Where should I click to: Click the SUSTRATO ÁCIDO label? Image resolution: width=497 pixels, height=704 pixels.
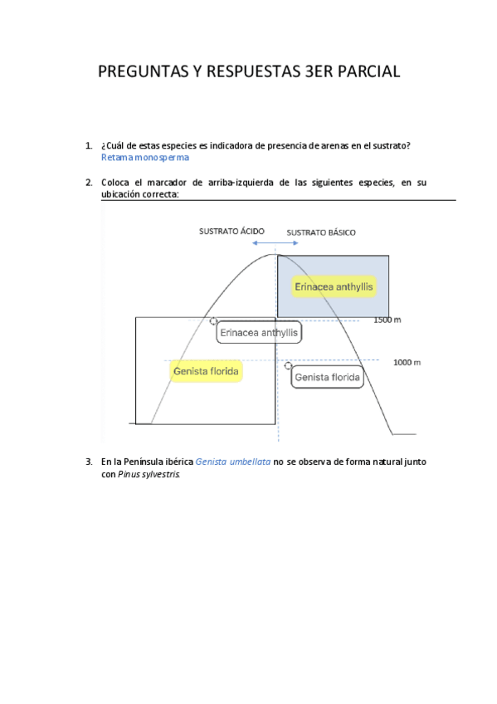point(231,232)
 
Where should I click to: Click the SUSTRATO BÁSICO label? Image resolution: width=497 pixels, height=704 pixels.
point(321,232)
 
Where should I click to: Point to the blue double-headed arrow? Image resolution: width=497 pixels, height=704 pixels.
point(276,243)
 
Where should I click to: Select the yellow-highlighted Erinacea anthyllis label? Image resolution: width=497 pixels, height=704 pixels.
point(334,287)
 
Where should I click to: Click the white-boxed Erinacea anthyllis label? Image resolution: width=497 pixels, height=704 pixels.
point(259,333)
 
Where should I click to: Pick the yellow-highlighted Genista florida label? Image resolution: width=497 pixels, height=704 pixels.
point(207,371)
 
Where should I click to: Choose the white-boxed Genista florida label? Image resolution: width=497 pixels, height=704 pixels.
point(328,378)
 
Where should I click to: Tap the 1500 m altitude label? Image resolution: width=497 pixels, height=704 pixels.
point(387,320)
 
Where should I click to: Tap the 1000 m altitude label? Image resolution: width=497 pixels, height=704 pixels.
point(407,362)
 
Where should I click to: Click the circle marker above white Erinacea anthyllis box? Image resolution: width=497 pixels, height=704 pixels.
point(214,320)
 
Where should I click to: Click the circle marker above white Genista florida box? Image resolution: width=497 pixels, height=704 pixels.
point(288,365)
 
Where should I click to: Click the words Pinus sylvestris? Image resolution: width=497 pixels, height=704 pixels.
point(140,475)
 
